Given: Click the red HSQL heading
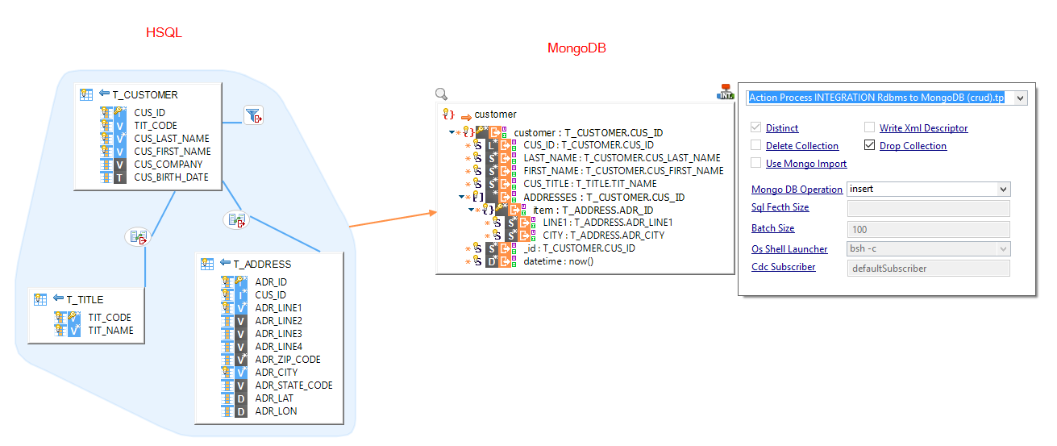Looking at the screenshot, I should click(x=164, y=33).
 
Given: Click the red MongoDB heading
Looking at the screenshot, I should click(x=576, y=48).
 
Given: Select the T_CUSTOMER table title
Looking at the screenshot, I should click(x=145, y=94).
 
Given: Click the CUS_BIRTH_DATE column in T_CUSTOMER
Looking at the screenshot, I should click(x=171, y=177).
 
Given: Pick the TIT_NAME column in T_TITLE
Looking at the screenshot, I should click(x=110, y=331).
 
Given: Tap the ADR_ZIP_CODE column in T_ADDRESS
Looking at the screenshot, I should click(x=287, y=360).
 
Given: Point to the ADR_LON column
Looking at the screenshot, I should click(x=276, y=411).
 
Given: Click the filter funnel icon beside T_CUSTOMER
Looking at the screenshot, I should click(x=254, y=116).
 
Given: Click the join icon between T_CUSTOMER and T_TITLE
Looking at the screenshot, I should click(x=138, y=237).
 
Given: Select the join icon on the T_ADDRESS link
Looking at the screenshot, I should click(x=235, y=219).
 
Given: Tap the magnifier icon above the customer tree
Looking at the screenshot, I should click(x=441, y=94).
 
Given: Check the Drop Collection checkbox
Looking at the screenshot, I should click(x=869, y=146).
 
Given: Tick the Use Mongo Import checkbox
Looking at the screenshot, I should click(x=755, y=164).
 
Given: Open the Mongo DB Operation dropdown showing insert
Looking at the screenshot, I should click(x=928, y=190).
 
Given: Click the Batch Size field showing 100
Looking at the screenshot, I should click(x=928, y=229).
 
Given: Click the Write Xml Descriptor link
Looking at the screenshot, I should click(x=923, y=128).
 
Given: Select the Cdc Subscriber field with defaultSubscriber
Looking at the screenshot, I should click(x=928, y=269).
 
